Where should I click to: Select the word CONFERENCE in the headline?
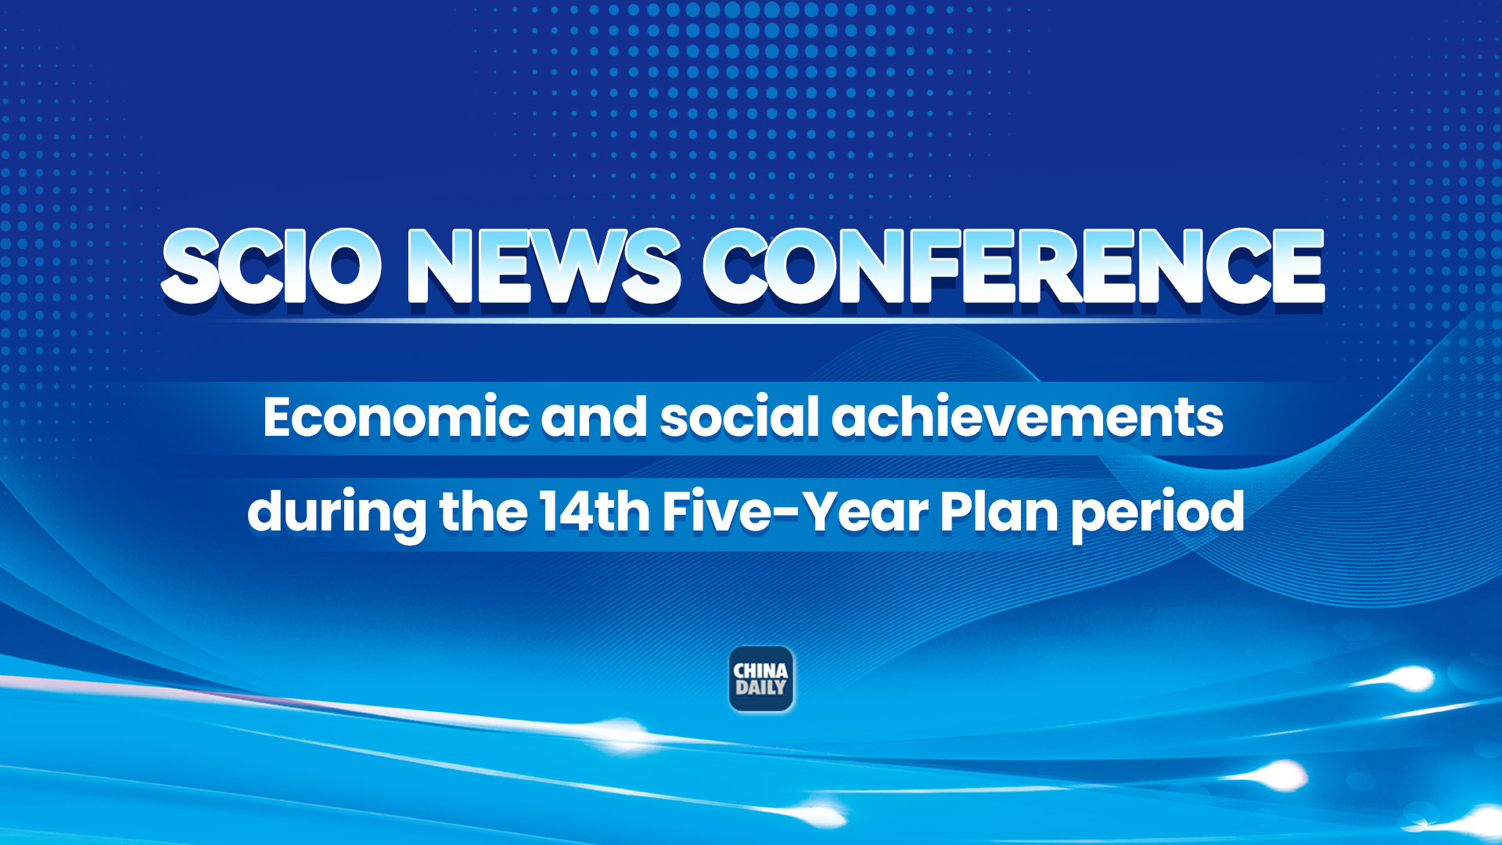tap(1013, 266)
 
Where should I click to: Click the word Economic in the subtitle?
tap(395, 417)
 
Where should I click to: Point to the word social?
tap(738, 417)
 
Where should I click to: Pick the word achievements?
tap(1027, 417)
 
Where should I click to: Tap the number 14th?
tap(594, 511)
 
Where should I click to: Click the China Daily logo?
tap(761, 679)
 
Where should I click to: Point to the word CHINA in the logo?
tap(760, 671)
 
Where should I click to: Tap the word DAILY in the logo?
tap(760, 689)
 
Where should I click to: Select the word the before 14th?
tap(483, 511)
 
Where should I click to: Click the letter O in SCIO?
tap(344, 266)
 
